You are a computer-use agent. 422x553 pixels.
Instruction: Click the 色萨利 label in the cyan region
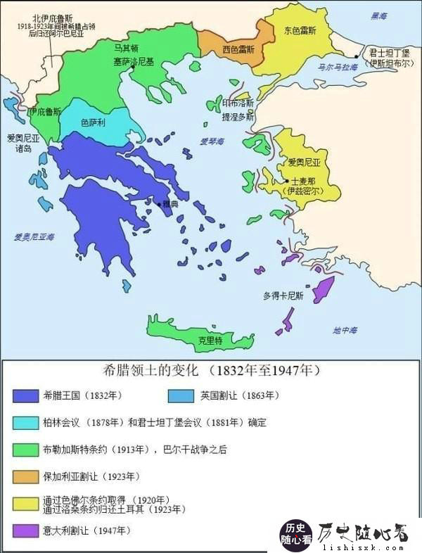coord(93,122)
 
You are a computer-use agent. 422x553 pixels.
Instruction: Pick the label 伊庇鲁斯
coord(44,111)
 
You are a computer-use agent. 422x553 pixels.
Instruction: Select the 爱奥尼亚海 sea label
coord(34,237)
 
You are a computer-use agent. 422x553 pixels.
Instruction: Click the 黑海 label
coord(379,15)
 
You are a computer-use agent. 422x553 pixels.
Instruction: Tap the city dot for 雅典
coord(158,203)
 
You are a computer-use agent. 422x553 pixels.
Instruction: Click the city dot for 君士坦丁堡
coord(357,55)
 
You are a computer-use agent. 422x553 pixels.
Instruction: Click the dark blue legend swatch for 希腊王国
coord(25,395)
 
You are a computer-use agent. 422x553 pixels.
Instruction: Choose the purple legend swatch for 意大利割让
coord(25,530)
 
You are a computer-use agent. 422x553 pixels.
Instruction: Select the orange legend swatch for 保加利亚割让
coord(25,477)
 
